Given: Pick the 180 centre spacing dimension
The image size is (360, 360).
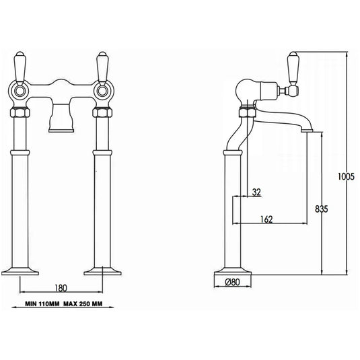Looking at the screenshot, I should tap(61, 289).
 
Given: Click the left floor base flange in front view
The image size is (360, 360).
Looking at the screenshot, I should tap(21, 272).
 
